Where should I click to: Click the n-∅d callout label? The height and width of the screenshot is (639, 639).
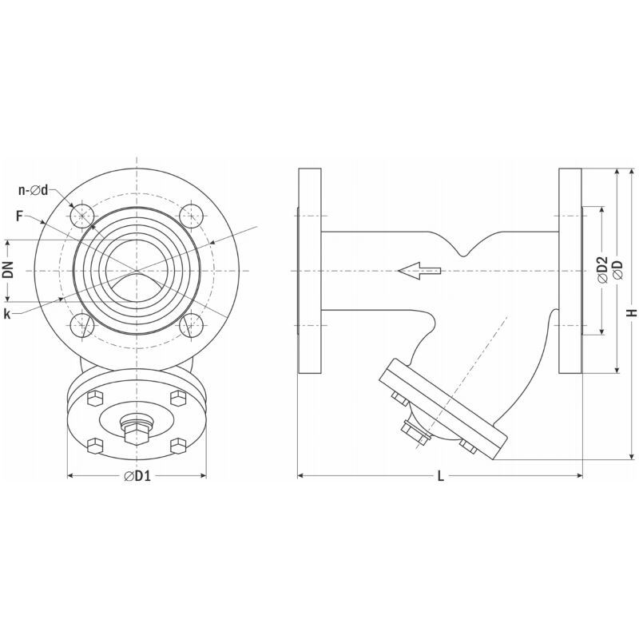[x=34, y=190]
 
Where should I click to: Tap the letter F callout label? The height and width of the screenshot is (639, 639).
[x=19, y=216]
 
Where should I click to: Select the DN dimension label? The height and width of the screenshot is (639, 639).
[x=8, y=269]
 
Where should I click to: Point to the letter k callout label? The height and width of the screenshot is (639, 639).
[x=7, y=314]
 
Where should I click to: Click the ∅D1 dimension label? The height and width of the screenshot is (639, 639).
[x=137, y=475]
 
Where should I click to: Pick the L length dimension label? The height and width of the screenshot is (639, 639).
[x=441, y=475]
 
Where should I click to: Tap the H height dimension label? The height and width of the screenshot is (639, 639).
[x=632, y=312]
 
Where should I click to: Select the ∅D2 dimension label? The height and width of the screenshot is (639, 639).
[x=602, y=269]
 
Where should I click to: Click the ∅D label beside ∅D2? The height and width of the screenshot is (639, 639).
[x=617, y=269]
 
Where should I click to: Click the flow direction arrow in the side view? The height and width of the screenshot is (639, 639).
[x=419, y=271]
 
